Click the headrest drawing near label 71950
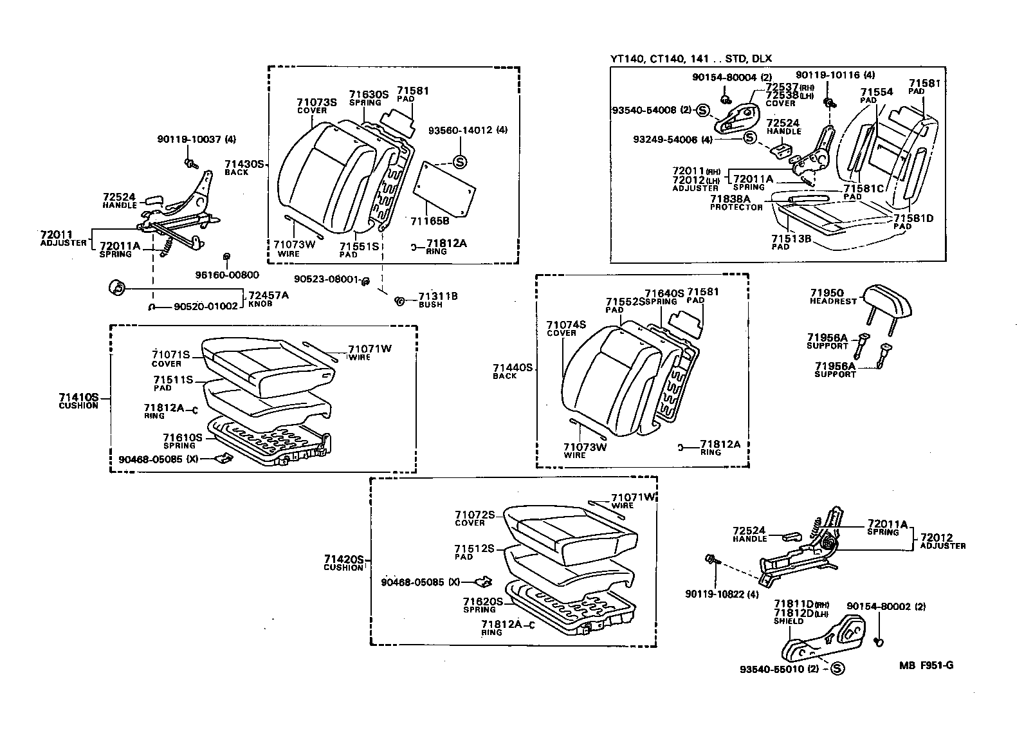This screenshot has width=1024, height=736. click(881, 300)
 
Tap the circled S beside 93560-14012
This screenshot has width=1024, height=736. click(459, 162)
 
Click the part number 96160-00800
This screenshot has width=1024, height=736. click(227, 275)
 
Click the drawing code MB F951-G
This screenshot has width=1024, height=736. click(926, 665)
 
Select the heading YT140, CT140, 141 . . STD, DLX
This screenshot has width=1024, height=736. click(691, 59)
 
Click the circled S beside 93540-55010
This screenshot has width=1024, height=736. click(837, 668)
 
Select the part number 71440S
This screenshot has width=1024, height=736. click(513, 367)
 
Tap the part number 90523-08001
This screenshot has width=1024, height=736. click(326, 279)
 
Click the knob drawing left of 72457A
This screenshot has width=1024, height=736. click(116, 288)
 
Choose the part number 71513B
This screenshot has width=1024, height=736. click(791, 239)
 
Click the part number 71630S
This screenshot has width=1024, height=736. click(369, 95)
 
